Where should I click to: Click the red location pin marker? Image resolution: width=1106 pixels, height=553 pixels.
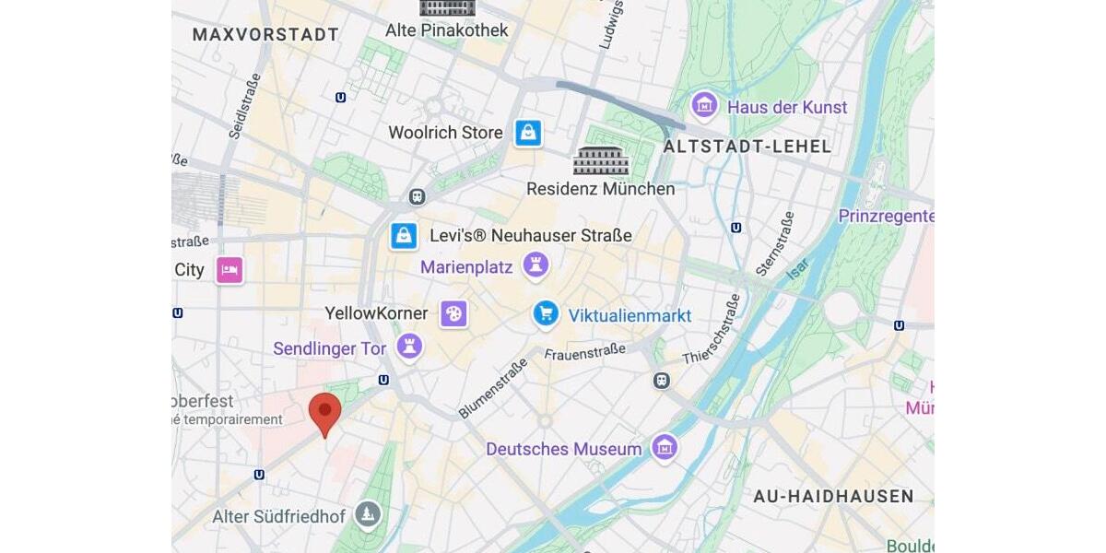[324, 412]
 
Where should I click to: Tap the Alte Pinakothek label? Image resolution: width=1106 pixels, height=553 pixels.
[447, 30]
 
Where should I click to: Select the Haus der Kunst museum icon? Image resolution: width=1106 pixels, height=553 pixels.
[705, 106]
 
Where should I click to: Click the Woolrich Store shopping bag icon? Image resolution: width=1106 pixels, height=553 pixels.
[528, 133]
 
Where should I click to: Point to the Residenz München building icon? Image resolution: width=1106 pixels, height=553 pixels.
[601, 161]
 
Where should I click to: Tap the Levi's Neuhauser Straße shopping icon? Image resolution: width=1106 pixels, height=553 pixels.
[404, 236]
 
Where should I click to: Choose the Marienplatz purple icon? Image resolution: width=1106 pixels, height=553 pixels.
[535, 266]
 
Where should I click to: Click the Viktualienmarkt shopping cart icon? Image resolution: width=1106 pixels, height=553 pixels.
[546, 314]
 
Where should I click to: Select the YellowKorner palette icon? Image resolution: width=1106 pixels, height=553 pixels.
[453, 313]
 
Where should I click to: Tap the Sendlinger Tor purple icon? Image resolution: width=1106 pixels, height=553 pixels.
[409, 347]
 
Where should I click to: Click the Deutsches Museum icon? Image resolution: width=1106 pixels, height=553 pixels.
[664, 449]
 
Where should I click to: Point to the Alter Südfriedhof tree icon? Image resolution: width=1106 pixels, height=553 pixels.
[368, 515]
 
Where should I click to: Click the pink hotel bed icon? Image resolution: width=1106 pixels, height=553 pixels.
[229, 270]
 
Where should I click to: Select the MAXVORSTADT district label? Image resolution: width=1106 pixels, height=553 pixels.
[265, 35]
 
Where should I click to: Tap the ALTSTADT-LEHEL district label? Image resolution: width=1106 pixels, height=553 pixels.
[747, 146]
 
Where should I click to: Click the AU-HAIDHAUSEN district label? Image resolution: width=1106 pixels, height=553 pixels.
[833, 497]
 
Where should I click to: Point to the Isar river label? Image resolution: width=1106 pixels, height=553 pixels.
[797, 268]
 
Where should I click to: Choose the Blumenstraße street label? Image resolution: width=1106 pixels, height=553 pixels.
[493, 388]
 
